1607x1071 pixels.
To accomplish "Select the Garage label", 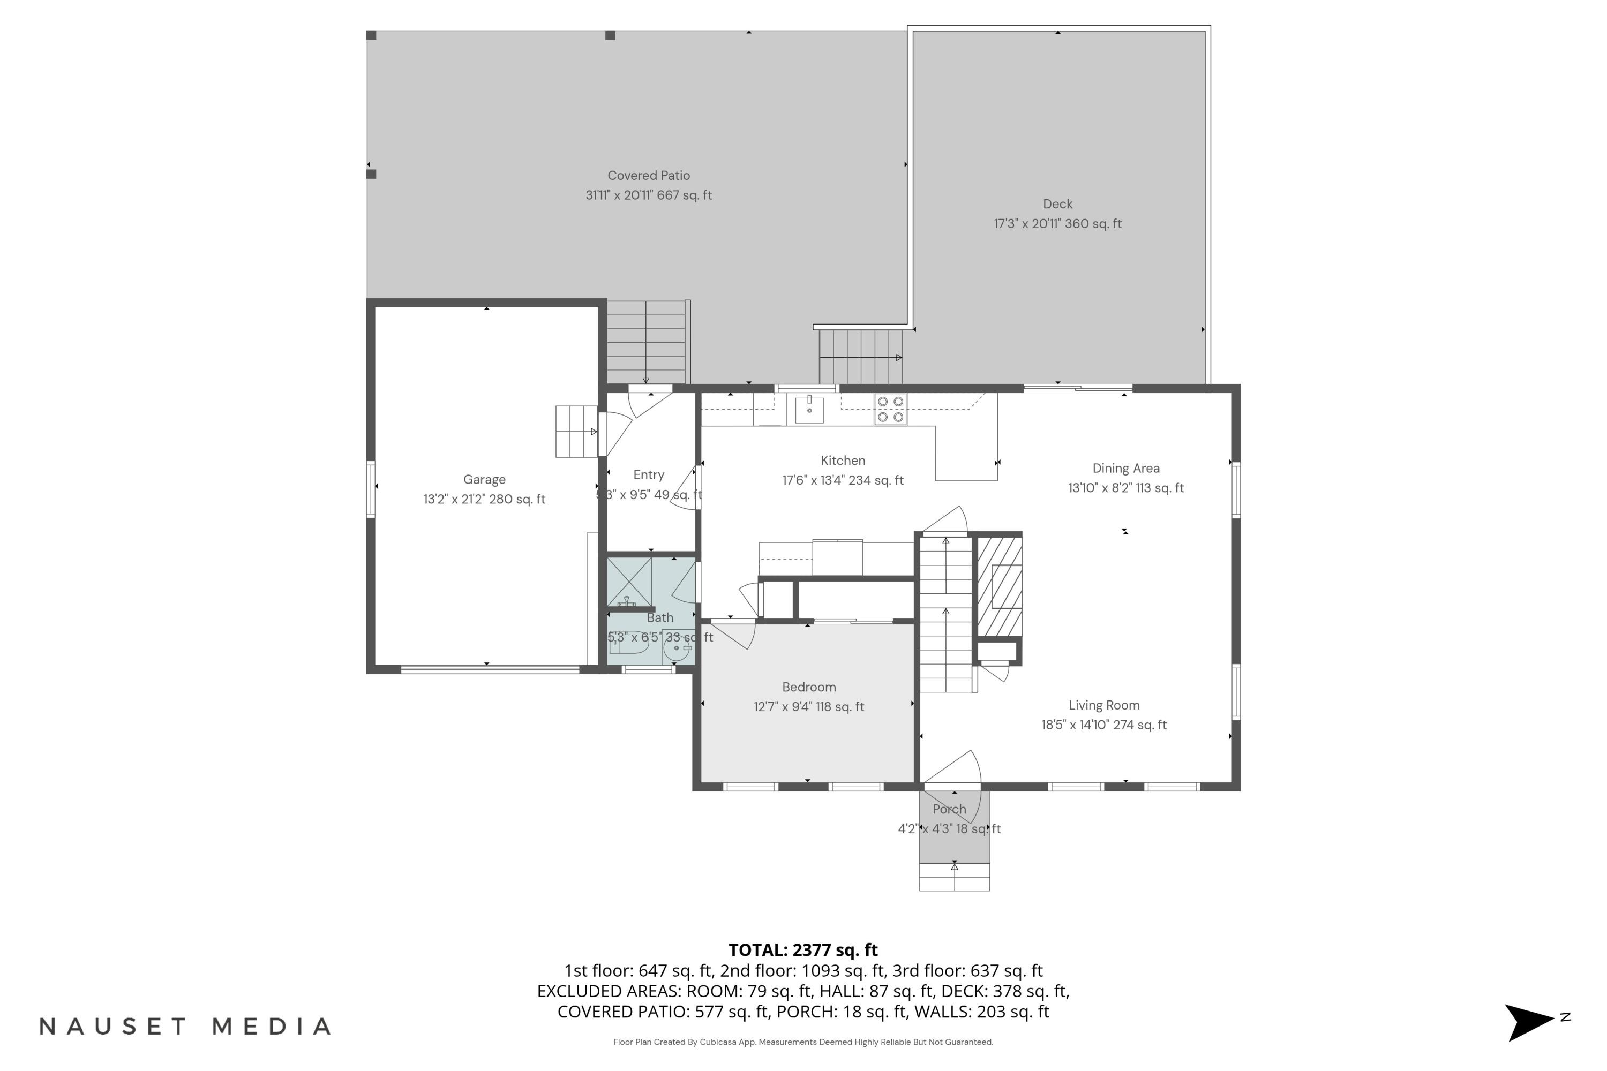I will (484, 479).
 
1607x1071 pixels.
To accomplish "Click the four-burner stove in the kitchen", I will (890, 409).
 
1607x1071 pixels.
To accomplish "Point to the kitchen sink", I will (809, 410).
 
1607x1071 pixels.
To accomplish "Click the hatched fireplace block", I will (1000, 587).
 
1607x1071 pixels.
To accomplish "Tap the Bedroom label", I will (809, 687).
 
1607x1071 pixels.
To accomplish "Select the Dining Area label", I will (1125, 469).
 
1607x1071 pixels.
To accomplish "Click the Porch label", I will (949, 809).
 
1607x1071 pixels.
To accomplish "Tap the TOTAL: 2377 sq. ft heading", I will (803, 950).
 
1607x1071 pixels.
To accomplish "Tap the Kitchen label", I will (843, 461).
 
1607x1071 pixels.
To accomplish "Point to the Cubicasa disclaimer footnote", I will (803, 1042).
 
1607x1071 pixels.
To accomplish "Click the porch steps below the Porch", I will (954, 877).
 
